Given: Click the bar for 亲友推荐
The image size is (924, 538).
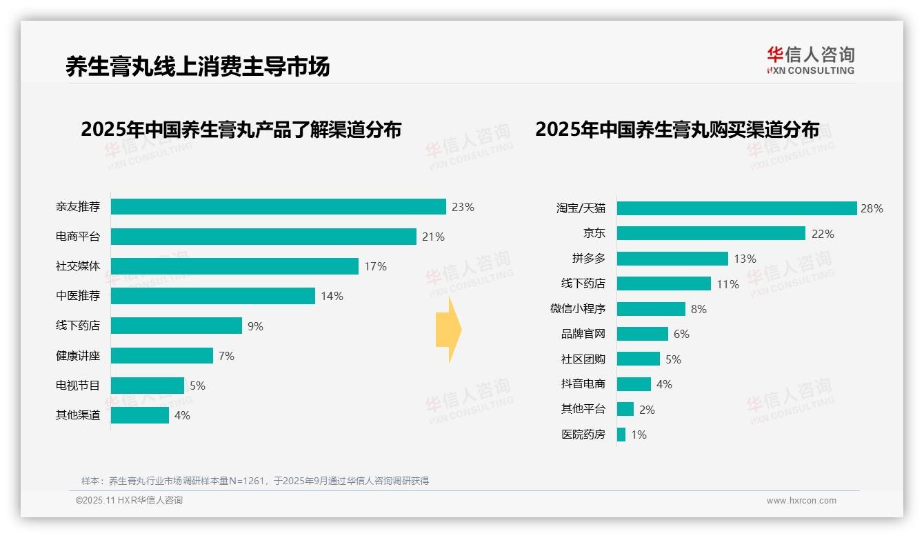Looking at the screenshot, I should click(278, 207).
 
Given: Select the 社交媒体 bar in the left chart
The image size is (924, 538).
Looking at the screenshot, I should click(234, 266).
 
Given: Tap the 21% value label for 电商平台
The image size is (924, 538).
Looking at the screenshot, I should click(433, 237).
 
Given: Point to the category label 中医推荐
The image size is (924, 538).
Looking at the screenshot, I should click(78, 296).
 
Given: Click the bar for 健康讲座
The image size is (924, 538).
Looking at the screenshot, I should click(162, 356).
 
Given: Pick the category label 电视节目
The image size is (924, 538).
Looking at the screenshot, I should click(78, 386).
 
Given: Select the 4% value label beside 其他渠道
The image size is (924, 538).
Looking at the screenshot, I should click(182, 415).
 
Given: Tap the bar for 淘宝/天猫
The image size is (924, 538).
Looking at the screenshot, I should click(736, 208).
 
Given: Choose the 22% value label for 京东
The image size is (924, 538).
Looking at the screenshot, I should click(823, 234).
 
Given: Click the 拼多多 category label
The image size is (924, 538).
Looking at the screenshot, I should click(588, 259).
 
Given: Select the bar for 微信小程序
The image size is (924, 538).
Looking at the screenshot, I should click(651, 309).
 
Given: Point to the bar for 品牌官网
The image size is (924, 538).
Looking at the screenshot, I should click(642, 334).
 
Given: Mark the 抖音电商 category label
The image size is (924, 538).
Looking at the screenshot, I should click(583, 384).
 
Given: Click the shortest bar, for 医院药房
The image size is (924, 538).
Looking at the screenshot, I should click(621, 435).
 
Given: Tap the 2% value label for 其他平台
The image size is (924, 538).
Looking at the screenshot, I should click(647, 410).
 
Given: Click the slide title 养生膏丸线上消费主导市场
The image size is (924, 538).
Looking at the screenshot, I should click(198, 66).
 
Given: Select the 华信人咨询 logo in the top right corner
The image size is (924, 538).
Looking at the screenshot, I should click(810, 60).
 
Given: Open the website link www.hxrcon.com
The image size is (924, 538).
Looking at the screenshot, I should click(801, 501).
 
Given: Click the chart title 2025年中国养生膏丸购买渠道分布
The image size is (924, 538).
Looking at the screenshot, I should click(677, 130).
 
